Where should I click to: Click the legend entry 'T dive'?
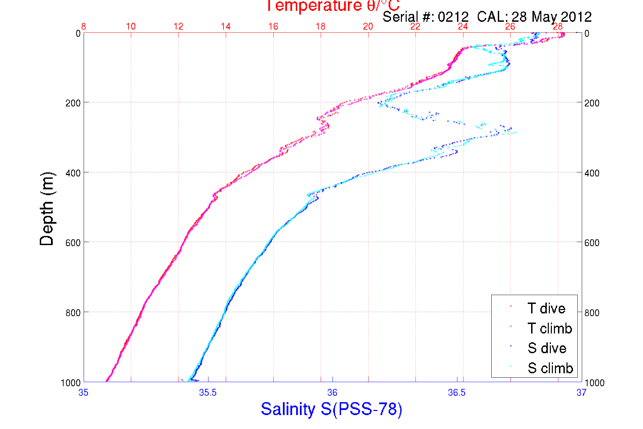coord(546,308)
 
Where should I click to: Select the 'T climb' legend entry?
coord(549,328)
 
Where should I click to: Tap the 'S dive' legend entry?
coord(547,348)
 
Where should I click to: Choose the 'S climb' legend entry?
coord(550,368)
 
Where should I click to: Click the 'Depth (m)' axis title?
coord(47,209)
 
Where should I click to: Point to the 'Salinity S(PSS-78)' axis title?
coord(332,409)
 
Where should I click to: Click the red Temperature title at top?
coord(332,6)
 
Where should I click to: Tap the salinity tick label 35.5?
coord(208,393)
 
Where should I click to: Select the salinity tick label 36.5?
coord(457,393)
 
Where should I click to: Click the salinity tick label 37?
coord(581,393)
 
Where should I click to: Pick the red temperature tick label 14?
coord(226,27)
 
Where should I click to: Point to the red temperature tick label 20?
coord(368,27)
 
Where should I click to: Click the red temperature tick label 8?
coord(84,27)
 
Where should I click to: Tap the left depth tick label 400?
coord(73,173)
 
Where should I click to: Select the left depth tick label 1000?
coord(71,383)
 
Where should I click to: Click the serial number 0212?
coord(453,17)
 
